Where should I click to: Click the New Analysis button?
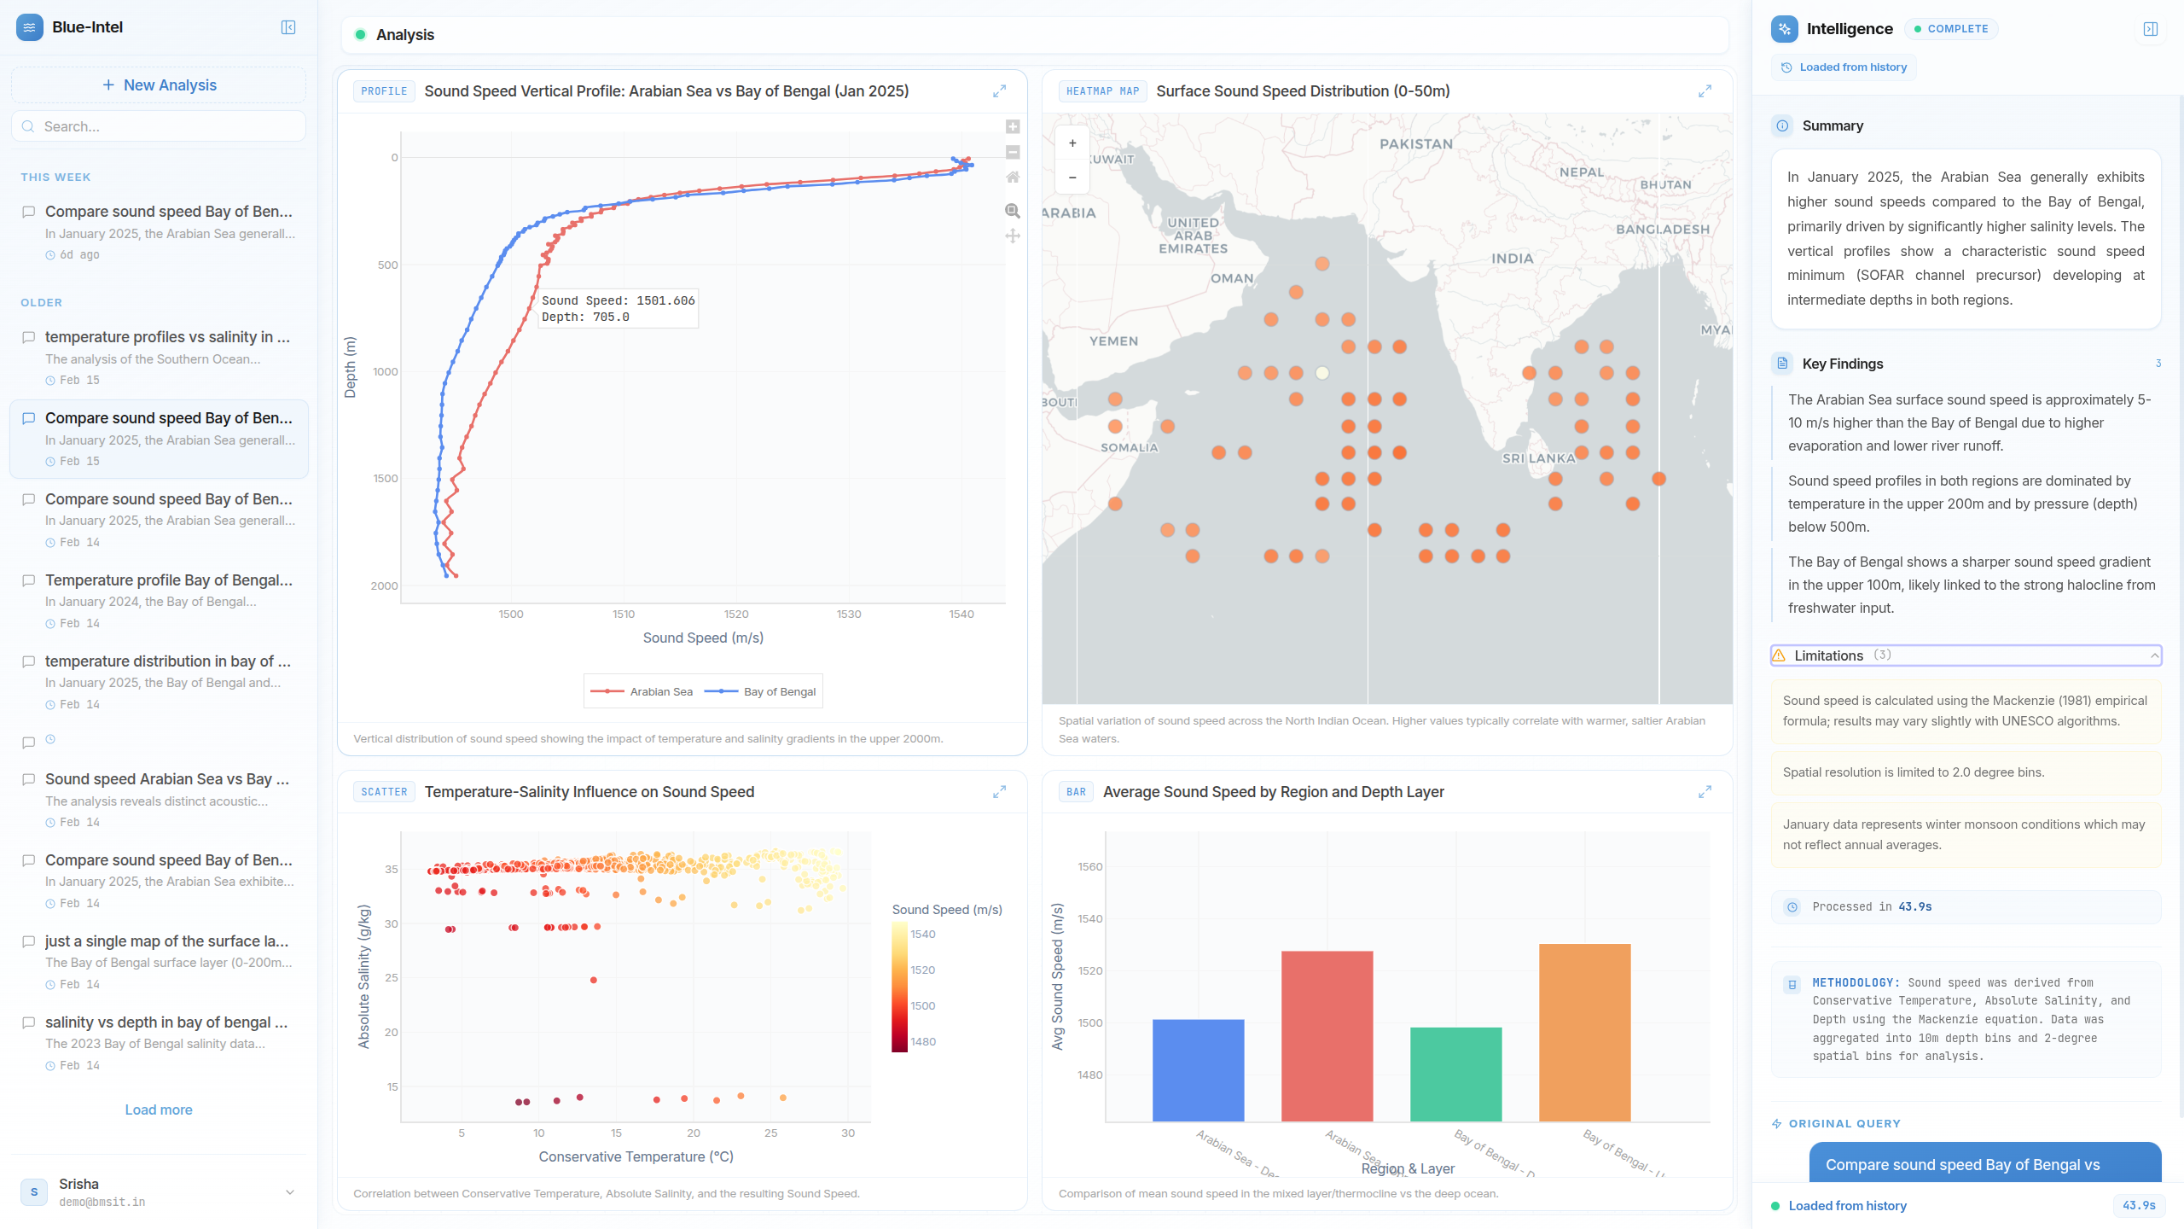(x=159, y=85)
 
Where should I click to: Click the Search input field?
(x=171, y=126)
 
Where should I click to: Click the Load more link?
(x=159, y=1110)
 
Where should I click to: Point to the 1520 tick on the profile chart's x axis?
(x=735, y=614)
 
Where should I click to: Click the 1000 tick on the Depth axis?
(x=385, y=371)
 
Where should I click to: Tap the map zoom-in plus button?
(x=1072, y=143)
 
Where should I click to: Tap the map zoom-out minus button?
(x=1072, y=178)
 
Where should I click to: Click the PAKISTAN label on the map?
(x=1416, y=144)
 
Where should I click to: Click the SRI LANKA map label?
(x=1538, y=458)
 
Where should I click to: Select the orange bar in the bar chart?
(x=1584, y=1032)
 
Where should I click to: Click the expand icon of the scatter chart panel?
(x=999, y=792)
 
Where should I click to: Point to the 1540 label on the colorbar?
(x=923, y=934)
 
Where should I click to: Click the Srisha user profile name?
(x=78, y=1184)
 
